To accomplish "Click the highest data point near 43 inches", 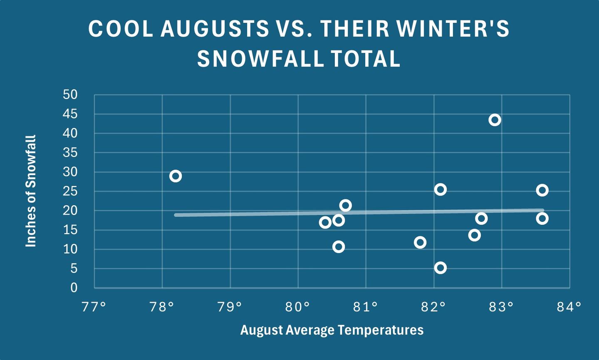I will click(x=495, y=120).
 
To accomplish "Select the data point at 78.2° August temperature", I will click(x=176, y=176).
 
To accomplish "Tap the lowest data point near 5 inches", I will click(x=441, y=268).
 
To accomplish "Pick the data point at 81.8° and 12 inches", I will click(x=420, y=242).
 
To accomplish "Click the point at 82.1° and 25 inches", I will click(x=441, y=190).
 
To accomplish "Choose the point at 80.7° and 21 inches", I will click(x=345, y=205).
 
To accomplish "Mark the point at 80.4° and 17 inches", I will click(x=325, y=222).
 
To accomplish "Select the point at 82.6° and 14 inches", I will click(x=474, y=235).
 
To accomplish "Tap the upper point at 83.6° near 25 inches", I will click(x=542, y=190).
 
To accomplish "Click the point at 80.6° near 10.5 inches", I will click(x=339, y=247).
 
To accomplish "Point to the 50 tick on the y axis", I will click(x=70, y=95).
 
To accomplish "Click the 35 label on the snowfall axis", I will click(x=70, y=153).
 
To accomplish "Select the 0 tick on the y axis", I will click(x=74, y=288).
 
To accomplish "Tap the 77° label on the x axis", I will click(x=94, y=307).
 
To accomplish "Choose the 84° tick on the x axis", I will click(x=569, y=307).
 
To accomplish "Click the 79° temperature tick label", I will click(x=230, y=307).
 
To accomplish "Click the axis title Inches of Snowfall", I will click(x=31, y=191).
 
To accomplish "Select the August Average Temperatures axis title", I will click(x=332, y=330).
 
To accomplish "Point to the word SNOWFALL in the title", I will click(x=260, y=59).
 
